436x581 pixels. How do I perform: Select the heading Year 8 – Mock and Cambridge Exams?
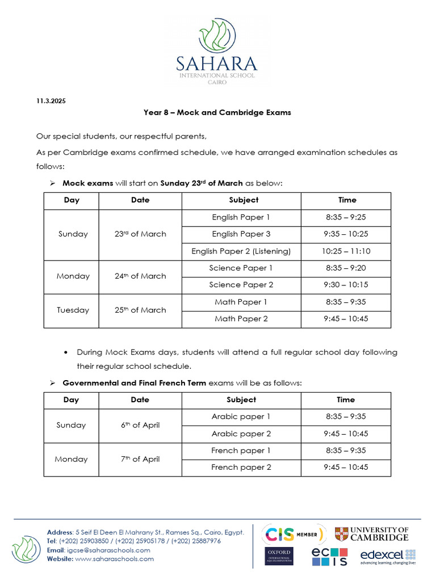pyautogui.click(x=217, y=112)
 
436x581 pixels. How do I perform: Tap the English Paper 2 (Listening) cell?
pyautogui.click(x=241, y=251)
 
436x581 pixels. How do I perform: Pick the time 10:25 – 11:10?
pyautogui.click(x=346, y=251)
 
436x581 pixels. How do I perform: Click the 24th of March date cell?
pyautogui.click(x=140, y=276)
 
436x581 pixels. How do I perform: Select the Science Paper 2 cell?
pyautogui.click(x=241, y=285)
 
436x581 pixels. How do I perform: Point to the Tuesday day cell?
pyautogui.click(x=73, y=310)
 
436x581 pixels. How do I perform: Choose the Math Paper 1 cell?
pyautogui.click(x=241, y=302)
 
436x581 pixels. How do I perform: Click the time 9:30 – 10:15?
pyautogui.click(x=346, y=285)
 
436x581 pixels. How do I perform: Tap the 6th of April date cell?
pyautogui.click(x=140, y=425)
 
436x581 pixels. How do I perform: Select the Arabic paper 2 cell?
pyautogui.click(x=241, y=433)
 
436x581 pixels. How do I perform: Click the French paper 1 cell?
pyautogui.click(x=241, y=451)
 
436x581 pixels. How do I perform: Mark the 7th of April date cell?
pyautogui.click(x=140, y=459)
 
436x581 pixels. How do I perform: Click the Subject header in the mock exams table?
pyautogui.click(x=244, y=200)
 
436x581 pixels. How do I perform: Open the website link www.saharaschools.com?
pyautogui.click(x=114, y=559)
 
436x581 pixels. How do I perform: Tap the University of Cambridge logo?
pyautogui.click(x=371, y=534)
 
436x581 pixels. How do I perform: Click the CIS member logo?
pyautogui.click(x=293, y=534)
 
